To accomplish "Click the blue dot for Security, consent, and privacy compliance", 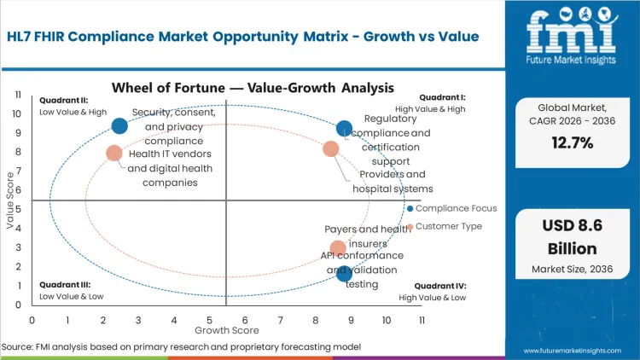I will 119,126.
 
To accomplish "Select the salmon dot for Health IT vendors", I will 114,154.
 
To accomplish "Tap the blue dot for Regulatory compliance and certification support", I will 344,129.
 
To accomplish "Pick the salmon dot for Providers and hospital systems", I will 331,149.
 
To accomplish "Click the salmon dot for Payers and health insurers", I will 338,249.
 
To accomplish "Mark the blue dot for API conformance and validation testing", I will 344,273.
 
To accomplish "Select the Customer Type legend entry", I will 448,226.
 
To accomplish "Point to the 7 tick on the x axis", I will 281,320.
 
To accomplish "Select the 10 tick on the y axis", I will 17,113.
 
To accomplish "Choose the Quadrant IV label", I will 439,286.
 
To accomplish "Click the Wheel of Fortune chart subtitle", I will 253,88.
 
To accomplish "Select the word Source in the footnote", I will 17,347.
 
